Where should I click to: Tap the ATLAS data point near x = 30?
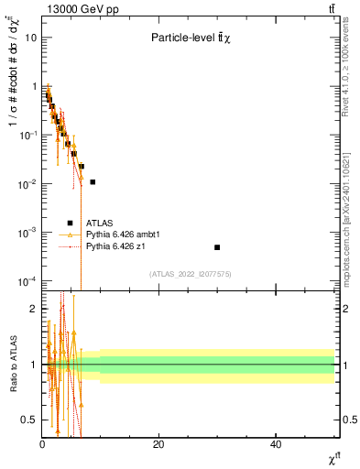(x=217, y=247)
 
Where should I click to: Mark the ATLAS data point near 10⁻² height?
(x=93, y=182)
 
